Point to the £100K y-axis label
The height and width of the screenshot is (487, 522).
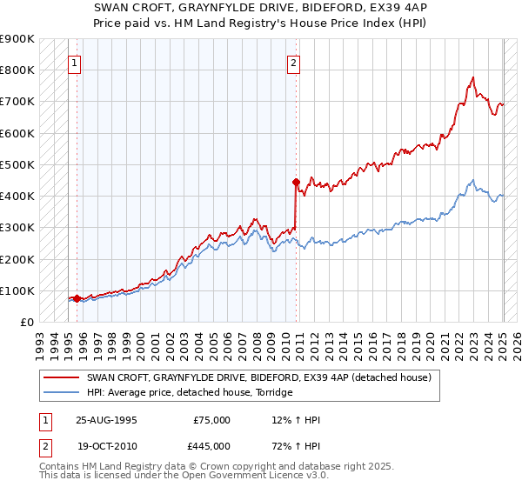pyautogui.click(x=18, y=290)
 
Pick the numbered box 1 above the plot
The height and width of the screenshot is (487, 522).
pyautogui.click(x=75, y=63)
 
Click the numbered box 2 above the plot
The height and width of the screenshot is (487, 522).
pyautogui.click(x=294, y=63)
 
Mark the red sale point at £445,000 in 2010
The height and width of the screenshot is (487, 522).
pyautogui.click(x=296, y=182)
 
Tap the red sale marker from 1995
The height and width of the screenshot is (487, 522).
pyautogui.click(x=77, y=298)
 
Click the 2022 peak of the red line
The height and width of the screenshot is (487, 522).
pyautogui.click(x=472, y=77)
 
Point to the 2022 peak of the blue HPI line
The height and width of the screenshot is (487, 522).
pyautogui.click(x=472, y=180)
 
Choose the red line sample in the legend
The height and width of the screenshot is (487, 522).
pyautogui.click(x=63, y=377)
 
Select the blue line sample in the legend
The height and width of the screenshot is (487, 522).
pyautogui.click(x=63, y=393)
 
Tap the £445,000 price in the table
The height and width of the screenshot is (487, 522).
pyautogui.click(x=211, y=445)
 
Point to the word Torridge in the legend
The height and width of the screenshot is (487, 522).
pyautogui.click(x=271, y=393)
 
